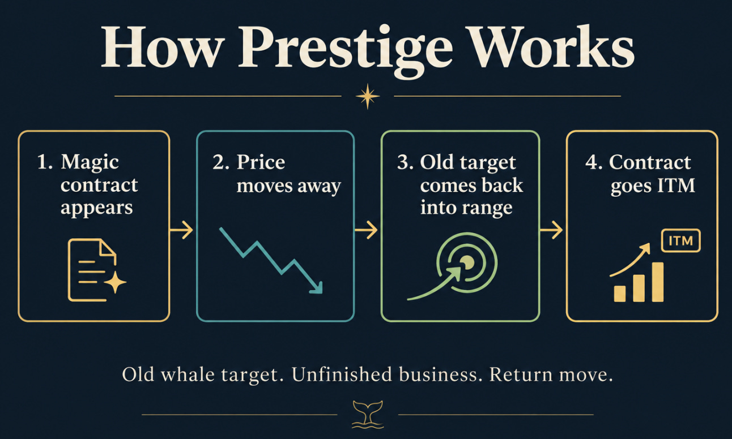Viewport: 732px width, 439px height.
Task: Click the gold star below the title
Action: (x=368, y=96)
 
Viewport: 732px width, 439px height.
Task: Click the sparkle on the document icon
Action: (x=116, y=282)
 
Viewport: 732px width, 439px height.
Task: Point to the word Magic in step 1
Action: (x=90, y=162)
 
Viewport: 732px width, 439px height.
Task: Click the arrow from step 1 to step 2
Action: (x=181, y=230)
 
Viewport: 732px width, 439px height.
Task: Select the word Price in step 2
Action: (x=261, y=162)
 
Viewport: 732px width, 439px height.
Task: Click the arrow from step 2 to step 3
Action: (x=367, y=230)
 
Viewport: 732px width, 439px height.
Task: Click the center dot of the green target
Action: (x=467, y=262)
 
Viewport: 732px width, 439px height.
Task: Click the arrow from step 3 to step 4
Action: (x=551, y=230)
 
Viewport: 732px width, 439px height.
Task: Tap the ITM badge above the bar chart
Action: (x=680, y=241)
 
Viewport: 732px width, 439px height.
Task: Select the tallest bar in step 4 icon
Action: (x=658, y=282)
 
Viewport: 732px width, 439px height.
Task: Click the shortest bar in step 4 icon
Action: (x=620, y=294)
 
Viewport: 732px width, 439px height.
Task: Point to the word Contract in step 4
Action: (x=650, y=162)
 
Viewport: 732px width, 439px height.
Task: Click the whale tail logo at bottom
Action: (x=368, y=415)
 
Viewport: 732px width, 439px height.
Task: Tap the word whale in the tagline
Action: (x=188, y=375)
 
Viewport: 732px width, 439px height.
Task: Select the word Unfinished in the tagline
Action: (x=342, y=375)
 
